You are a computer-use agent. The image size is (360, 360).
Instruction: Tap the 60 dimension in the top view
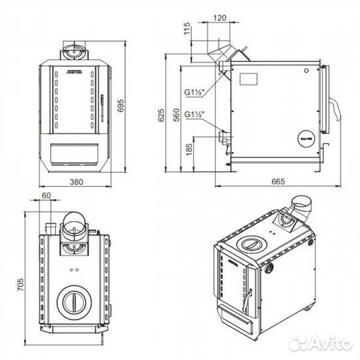point(46,195)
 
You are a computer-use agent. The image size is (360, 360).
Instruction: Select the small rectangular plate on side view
point(248,78)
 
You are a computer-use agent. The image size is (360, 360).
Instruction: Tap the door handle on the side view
point(331,113)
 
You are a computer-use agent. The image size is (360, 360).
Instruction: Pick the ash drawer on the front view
point(74,155)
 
